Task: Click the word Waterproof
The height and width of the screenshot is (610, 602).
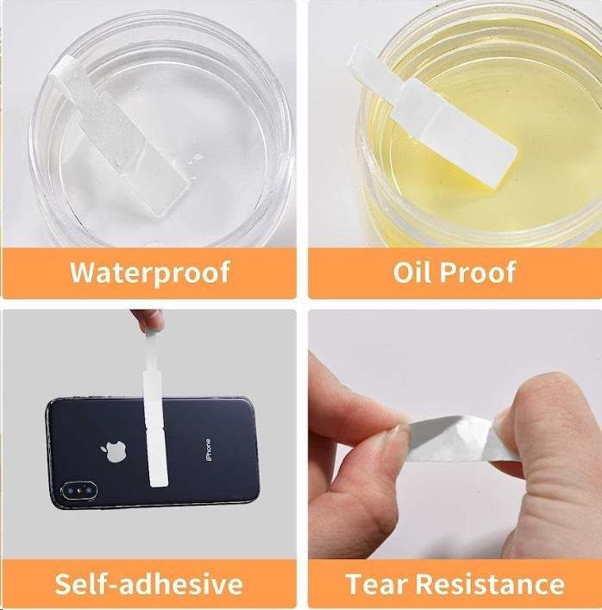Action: pos(150,273)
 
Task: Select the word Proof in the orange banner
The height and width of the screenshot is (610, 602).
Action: pos(478,272)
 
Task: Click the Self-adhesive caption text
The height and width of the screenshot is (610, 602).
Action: pos(148,583)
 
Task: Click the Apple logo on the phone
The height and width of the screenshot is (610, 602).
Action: pos(115,451)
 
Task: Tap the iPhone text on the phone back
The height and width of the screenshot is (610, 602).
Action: pos(209,450)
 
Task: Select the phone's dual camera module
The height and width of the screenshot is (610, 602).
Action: pos(78,491)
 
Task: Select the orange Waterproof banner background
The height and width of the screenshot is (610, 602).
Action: pos(149,274)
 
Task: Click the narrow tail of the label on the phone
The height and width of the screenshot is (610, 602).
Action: pos(149,352)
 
